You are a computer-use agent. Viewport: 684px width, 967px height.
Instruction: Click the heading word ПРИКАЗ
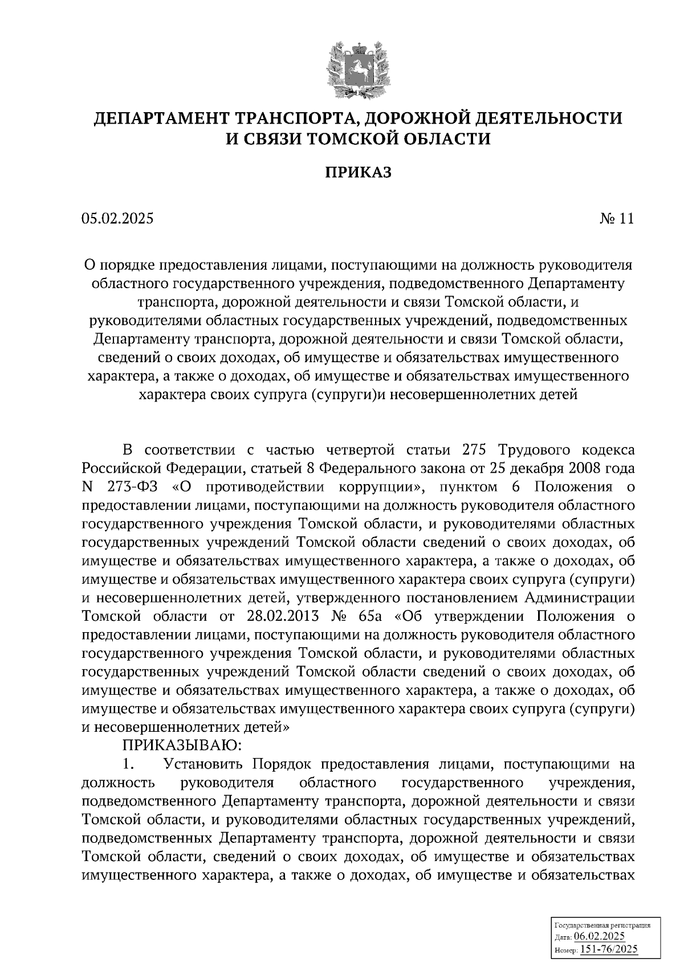click(358, 173)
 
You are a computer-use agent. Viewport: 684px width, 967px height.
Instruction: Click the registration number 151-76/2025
click(609, 949)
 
